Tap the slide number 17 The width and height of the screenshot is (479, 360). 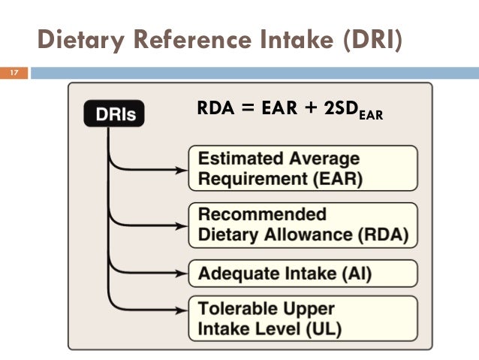click(x=13, y=74)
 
